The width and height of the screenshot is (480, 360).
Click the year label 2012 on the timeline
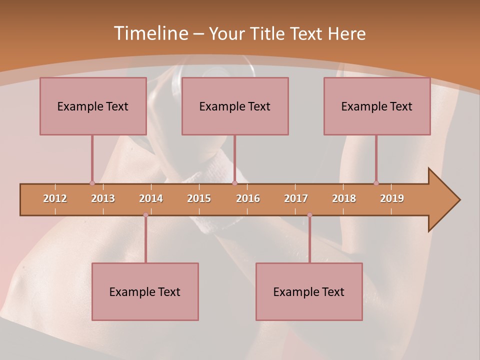click(x=55, y=198)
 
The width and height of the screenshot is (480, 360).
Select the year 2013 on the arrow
click(x=103, y=198)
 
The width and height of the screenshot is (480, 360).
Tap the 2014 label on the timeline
click(x=151, y=198)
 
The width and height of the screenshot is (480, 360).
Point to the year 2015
click(x=199, y=198)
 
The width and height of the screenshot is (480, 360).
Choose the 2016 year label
click(x=248, y=198)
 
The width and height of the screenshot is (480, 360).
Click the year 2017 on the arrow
click(x=296, y=198)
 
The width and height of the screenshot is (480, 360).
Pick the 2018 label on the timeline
click(x=344, y=198)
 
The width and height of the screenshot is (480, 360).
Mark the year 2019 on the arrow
click(x=392, y=198)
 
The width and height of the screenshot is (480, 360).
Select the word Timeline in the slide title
click(x=150, y=33)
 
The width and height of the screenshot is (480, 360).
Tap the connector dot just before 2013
click(x=92, y=183)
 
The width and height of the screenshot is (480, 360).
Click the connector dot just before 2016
click(x=234, y=183)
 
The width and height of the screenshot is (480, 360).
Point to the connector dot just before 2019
click(x=376, y=183)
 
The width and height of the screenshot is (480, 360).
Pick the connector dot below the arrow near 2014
click(x=145, y=215)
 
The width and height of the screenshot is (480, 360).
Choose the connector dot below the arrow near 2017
click(x=309, y=215)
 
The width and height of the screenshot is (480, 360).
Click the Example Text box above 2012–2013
click(x=93, y=106)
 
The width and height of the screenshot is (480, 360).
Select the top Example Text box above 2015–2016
click(x=235, y=106)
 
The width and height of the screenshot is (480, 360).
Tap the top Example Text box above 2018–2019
click(x=377, y=106)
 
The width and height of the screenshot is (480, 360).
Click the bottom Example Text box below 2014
click(x=145, y=291)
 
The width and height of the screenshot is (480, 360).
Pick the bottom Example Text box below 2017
click(x=309, y=291)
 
